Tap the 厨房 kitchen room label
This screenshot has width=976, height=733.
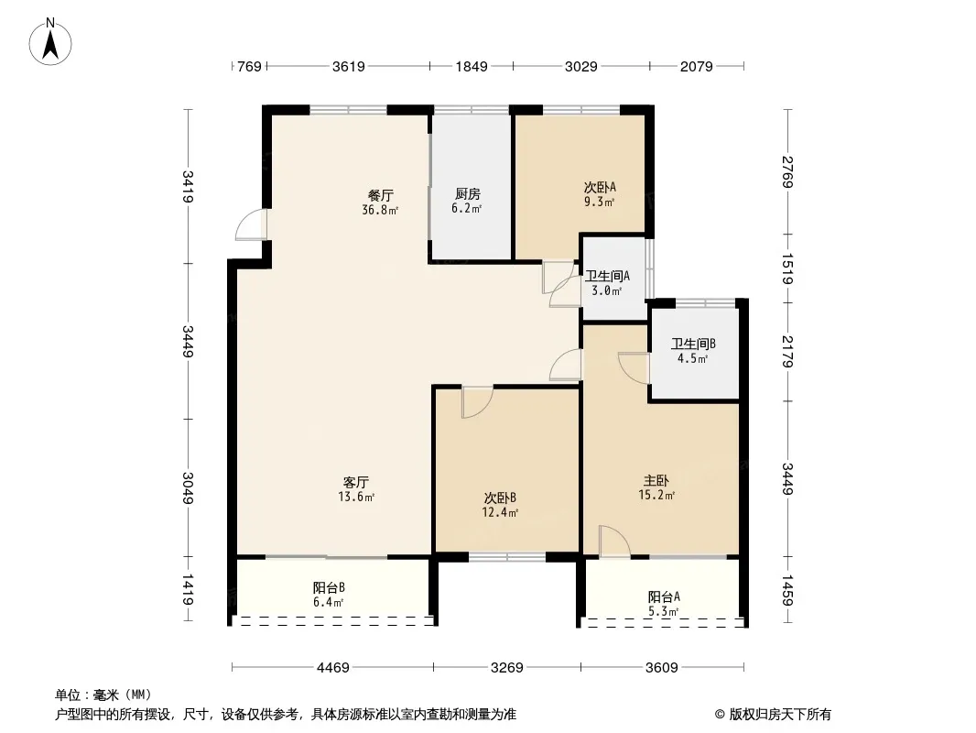pos(468,194)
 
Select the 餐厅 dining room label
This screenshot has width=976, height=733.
pos(381,195)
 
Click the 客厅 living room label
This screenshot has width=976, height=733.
pos(356,482)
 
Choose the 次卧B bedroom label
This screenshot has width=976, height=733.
pos(501,498)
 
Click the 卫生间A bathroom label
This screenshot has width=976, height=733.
pos(607,276)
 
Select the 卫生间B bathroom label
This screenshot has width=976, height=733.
pos(693,344)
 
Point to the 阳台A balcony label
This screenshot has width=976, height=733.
pos(664,596)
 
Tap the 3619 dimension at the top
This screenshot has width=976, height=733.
pos(349,66)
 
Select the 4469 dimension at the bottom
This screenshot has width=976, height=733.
pos(333,668)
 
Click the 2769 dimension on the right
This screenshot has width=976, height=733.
pos(787,172)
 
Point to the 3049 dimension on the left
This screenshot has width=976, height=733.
pos(188,487)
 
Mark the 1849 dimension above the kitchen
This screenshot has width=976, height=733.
pos(472,66)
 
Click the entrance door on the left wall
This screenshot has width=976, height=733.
pos(250,225)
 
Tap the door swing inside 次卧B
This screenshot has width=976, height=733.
pos(475,402)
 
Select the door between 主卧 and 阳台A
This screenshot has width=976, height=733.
pos(613,542)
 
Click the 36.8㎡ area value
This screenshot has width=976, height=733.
pos(381,210)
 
